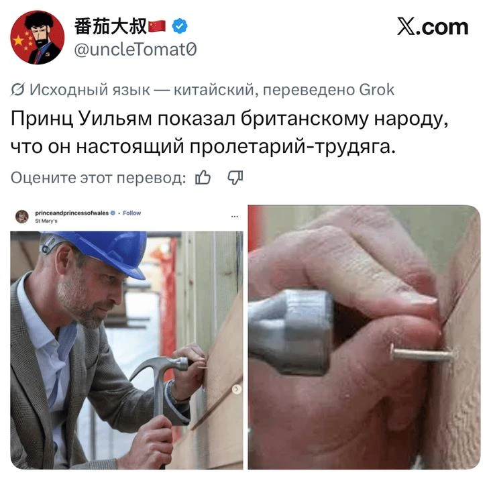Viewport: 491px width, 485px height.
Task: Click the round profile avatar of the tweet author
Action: (x=38, y=38)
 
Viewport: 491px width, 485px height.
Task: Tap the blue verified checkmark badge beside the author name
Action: (x=179, y=26)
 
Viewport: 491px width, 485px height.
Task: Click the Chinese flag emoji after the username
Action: (x=157, y=26)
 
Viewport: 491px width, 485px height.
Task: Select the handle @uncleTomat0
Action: (x=135, y=50)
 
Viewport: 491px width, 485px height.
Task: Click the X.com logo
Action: (x=433, y=27)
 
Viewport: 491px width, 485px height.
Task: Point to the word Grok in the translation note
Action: (x=376, y=90)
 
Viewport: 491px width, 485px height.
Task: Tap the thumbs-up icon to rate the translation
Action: (x=203, y=178)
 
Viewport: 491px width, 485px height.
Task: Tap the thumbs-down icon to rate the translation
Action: (x=235, y=178)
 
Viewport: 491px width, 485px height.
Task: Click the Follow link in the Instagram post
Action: (x=132, y=213)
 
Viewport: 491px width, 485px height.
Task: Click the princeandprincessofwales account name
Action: (x=72, y=213)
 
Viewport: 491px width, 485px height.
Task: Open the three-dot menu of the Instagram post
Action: (x=235, y=217)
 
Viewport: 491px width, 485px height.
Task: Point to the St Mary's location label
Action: (x=46, y=221)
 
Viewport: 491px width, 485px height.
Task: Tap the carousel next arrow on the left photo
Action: (x=237, y=389)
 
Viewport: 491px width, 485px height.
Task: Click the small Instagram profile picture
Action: (x=22, y=217)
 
